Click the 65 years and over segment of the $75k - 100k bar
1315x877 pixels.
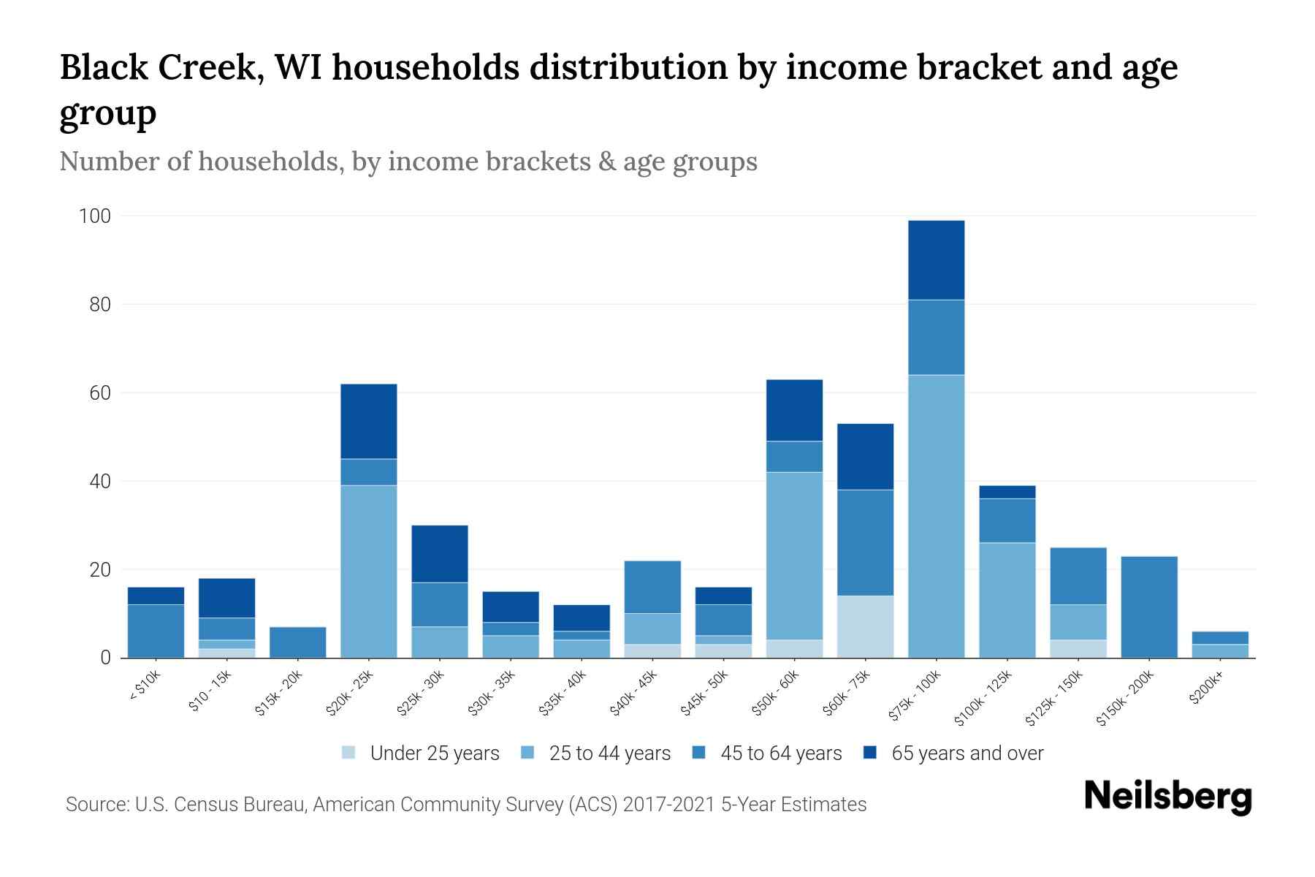click(936, 259)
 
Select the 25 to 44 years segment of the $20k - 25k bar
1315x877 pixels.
click(368, 571)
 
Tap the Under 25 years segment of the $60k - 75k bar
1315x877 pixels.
click(865, 626)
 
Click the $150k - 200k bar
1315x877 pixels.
click(1148, 607)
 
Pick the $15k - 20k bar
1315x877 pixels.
click(297, 642)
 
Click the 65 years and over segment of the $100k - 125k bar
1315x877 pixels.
click(1007, 492)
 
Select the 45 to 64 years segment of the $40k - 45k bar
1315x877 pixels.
click(652, 587)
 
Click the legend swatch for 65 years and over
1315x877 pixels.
click(870, 753)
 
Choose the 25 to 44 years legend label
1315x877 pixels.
click(609, 753)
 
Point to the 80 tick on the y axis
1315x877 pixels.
click(100, 305)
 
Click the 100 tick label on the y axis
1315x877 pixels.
click(95, 216)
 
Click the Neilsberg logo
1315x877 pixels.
click(1167, 797)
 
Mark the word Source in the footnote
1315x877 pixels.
click(95, 805)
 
